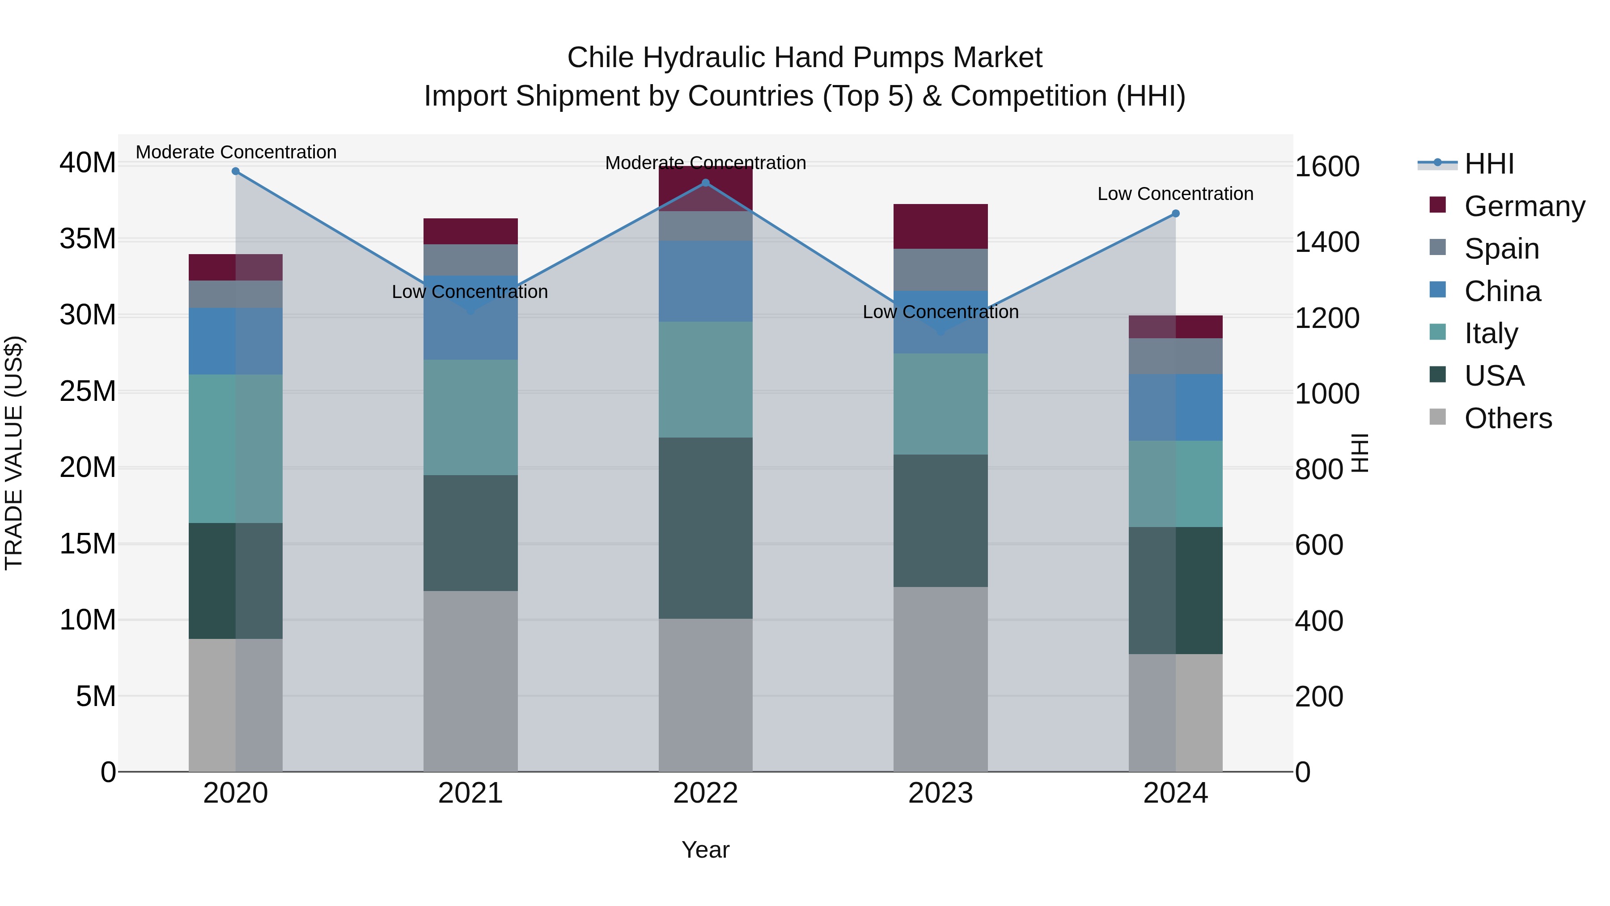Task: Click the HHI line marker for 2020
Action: [x=236, y=171]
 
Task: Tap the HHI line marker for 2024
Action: [x=1175, y=214]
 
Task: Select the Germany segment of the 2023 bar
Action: [x=940, y=226]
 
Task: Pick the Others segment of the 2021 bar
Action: [x=470, y=681]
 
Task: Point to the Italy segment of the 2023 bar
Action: [x=940, y=404]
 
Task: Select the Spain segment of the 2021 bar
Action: [x=470, y=259]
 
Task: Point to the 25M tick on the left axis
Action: [x=88, y=391]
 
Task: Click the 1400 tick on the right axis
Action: [x=1326, y=242]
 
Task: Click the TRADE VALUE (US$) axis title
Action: [x=14, y=453]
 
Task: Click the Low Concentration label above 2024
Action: [x=1175, y=194]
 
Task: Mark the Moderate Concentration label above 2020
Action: [x=236, y=152]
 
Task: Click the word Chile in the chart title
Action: [x=601, y=58]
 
